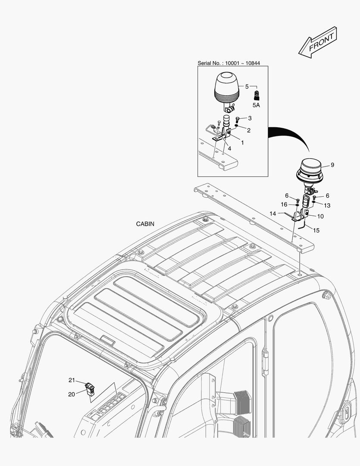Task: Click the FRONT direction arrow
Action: point(317,42)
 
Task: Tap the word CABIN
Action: point(145,224)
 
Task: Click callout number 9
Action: point(332,165)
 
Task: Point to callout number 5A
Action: point(256,105)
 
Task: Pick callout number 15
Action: point(316,230)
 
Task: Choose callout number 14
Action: point(273,213)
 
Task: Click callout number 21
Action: point(72,380)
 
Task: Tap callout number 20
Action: point(72,394)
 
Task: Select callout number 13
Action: point(327,205)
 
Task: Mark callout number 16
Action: point(284,204)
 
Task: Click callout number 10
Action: point(320,216)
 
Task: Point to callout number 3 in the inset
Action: point(250,118)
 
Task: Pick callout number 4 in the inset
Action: point(229,148)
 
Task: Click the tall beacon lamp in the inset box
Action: point(226,89)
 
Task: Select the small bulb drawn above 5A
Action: point(257,94)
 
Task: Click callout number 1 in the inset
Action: point(242,142)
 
